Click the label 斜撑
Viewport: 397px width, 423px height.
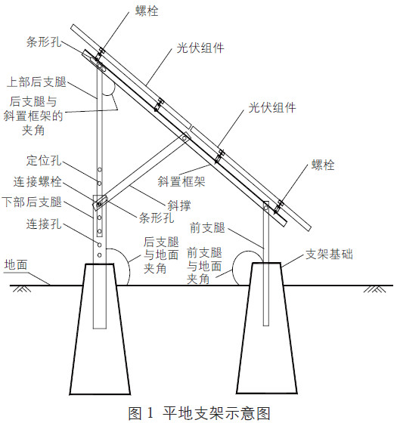tap(179, 205)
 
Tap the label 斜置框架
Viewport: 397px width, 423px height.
tap(181, 181)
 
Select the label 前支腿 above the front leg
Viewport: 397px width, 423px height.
tap(207, 227)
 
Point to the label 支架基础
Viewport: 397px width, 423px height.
tap(329, 254)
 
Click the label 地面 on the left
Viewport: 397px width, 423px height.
tap(16, 264)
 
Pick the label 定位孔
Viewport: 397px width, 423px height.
tap(44, 160)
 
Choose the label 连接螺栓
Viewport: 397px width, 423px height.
tap(38, 181)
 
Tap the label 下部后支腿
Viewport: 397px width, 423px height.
tap(32, 202)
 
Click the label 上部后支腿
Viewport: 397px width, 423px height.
tap(36, 82)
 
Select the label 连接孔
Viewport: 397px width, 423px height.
tap(44, 224)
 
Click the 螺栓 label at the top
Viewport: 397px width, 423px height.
tap(147, 11)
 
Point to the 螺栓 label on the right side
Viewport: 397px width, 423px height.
tap(323, 165)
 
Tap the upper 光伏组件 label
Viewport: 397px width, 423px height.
tap(200, 48)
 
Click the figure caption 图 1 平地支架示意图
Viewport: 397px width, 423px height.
tap(200, 413)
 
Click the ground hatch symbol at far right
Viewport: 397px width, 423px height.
tap(374, 289)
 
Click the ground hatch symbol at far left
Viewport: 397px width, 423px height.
tap(22, 289)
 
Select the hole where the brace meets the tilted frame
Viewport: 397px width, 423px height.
tap(185, 138)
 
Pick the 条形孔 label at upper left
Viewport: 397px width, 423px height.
tap(44, 42)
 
